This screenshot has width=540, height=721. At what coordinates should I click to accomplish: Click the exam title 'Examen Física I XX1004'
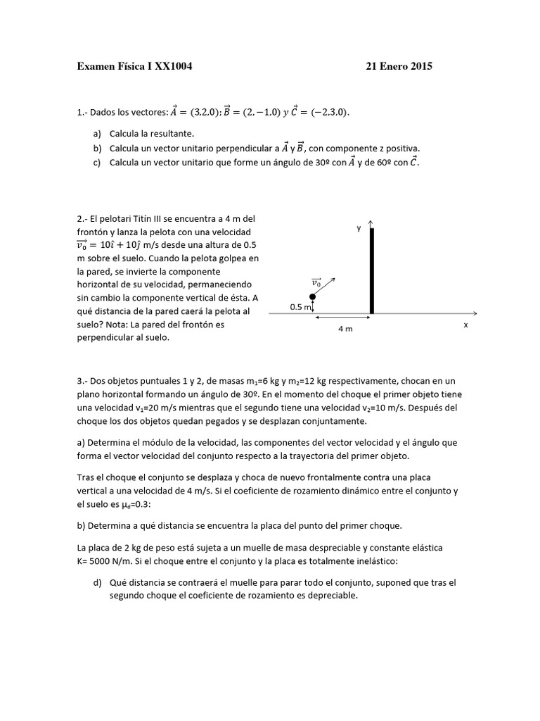tap(134, 67)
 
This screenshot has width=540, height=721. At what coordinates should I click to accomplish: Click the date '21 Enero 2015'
tap(399, 67)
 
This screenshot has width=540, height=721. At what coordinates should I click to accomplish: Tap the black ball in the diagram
tap(313, 297)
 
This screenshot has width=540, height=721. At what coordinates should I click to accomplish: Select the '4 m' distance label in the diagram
tap(345, 329)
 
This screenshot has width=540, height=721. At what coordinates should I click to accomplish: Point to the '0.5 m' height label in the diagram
tap(302, 307)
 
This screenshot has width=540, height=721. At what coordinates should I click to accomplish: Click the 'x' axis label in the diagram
tap(465, 325)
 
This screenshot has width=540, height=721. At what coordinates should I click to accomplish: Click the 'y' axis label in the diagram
tap(358, 228)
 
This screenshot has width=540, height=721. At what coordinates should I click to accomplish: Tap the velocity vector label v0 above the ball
tap(317, 282)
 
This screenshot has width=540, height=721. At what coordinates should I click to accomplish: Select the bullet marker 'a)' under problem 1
tap(96, 133)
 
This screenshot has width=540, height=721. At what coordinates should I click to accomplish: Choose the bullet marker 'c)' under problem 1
tap(96, 163)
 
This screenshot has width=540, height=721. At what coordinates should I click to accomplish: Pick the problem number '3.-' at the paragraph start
tap(82, 381)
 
